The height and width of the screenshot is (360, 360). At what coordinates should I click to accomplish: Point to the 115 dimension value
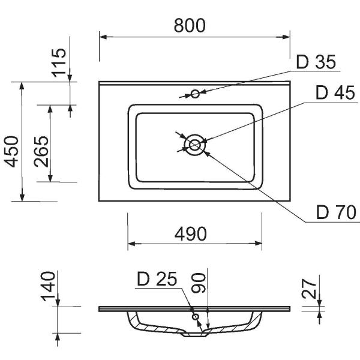[59, 62]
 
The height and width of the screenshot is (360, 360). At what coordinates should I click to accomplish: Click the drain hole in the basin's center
[194, 144]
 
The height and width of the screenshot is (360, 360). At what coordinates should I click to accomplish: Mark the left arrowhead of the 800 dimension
[103, 37]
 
